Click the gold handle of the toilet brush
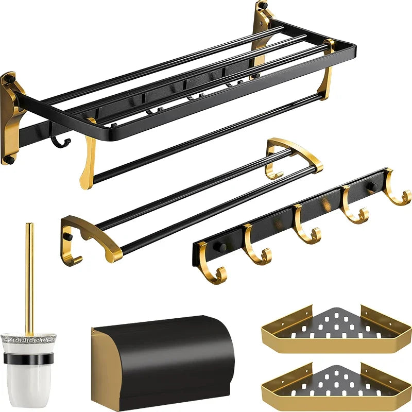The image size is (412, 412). (30, 278)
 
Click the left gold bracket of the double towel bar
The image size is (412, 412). (90, 237)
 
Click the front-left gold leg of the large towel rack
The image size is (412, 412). (89, 154)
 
